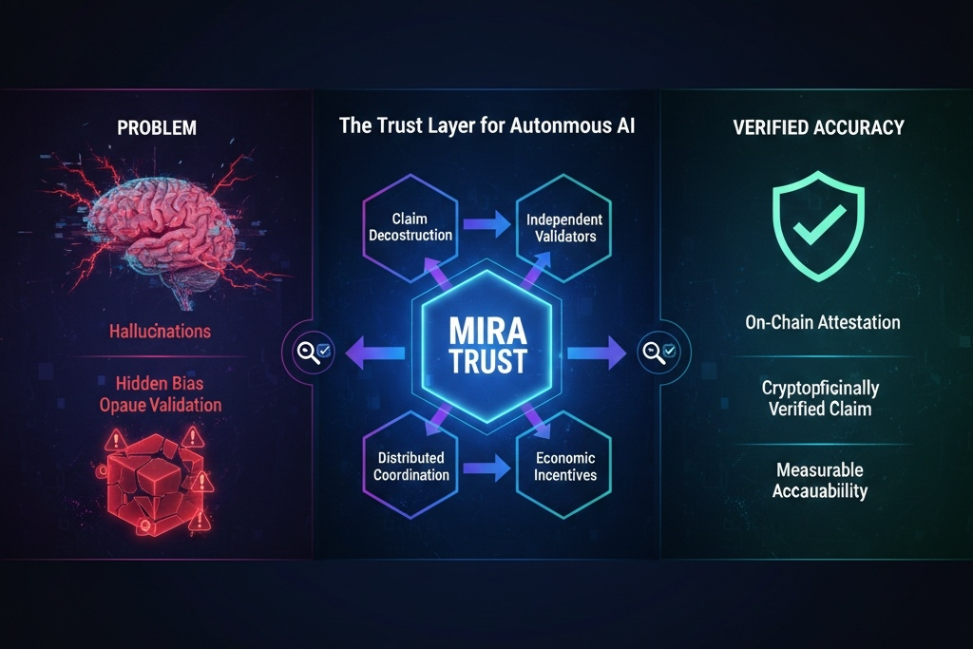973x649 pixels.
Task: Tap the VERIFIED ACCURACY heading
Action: coord(818,126)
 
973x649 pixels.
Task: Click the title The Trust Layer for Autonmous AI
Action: coord(486,126)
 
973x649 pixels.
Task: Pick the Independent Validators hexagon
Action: coord(563,227)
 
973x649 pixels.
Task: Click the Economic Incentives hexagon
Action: coord(563,467)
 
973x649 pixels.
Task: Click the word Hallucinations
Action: coord(161,332)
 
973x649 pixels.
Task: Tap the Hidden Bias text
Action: coord(161,384)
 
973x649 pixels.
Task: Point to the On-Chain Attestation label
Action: coord(822,322)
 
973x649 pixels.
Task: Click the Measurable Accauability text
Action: coord(819,480)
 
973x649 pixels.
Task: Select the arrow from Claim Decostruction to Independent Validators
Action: coord(487,228)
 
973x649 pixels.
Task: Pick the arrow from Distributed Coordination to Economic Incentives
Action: coord(487,468)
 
